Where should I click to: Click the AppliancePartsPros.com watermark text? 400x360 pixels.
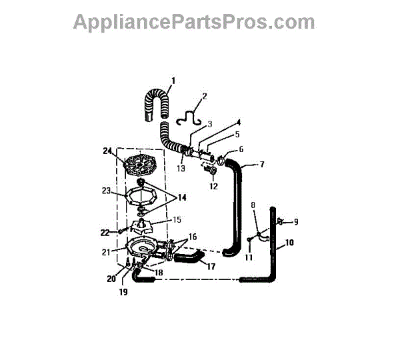(x=194, y=22)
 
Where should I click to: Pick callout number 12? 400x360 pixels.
(x=214, y=186)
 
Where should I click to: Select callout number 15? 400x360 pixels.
(x=177, y=219)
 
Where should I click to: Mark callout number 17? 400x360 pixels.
(x=211, y=266)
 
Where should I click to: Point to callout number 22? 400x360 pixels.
(x=104, y=232)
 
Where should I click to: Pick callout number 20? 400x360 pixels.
(x=111, y=279)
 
